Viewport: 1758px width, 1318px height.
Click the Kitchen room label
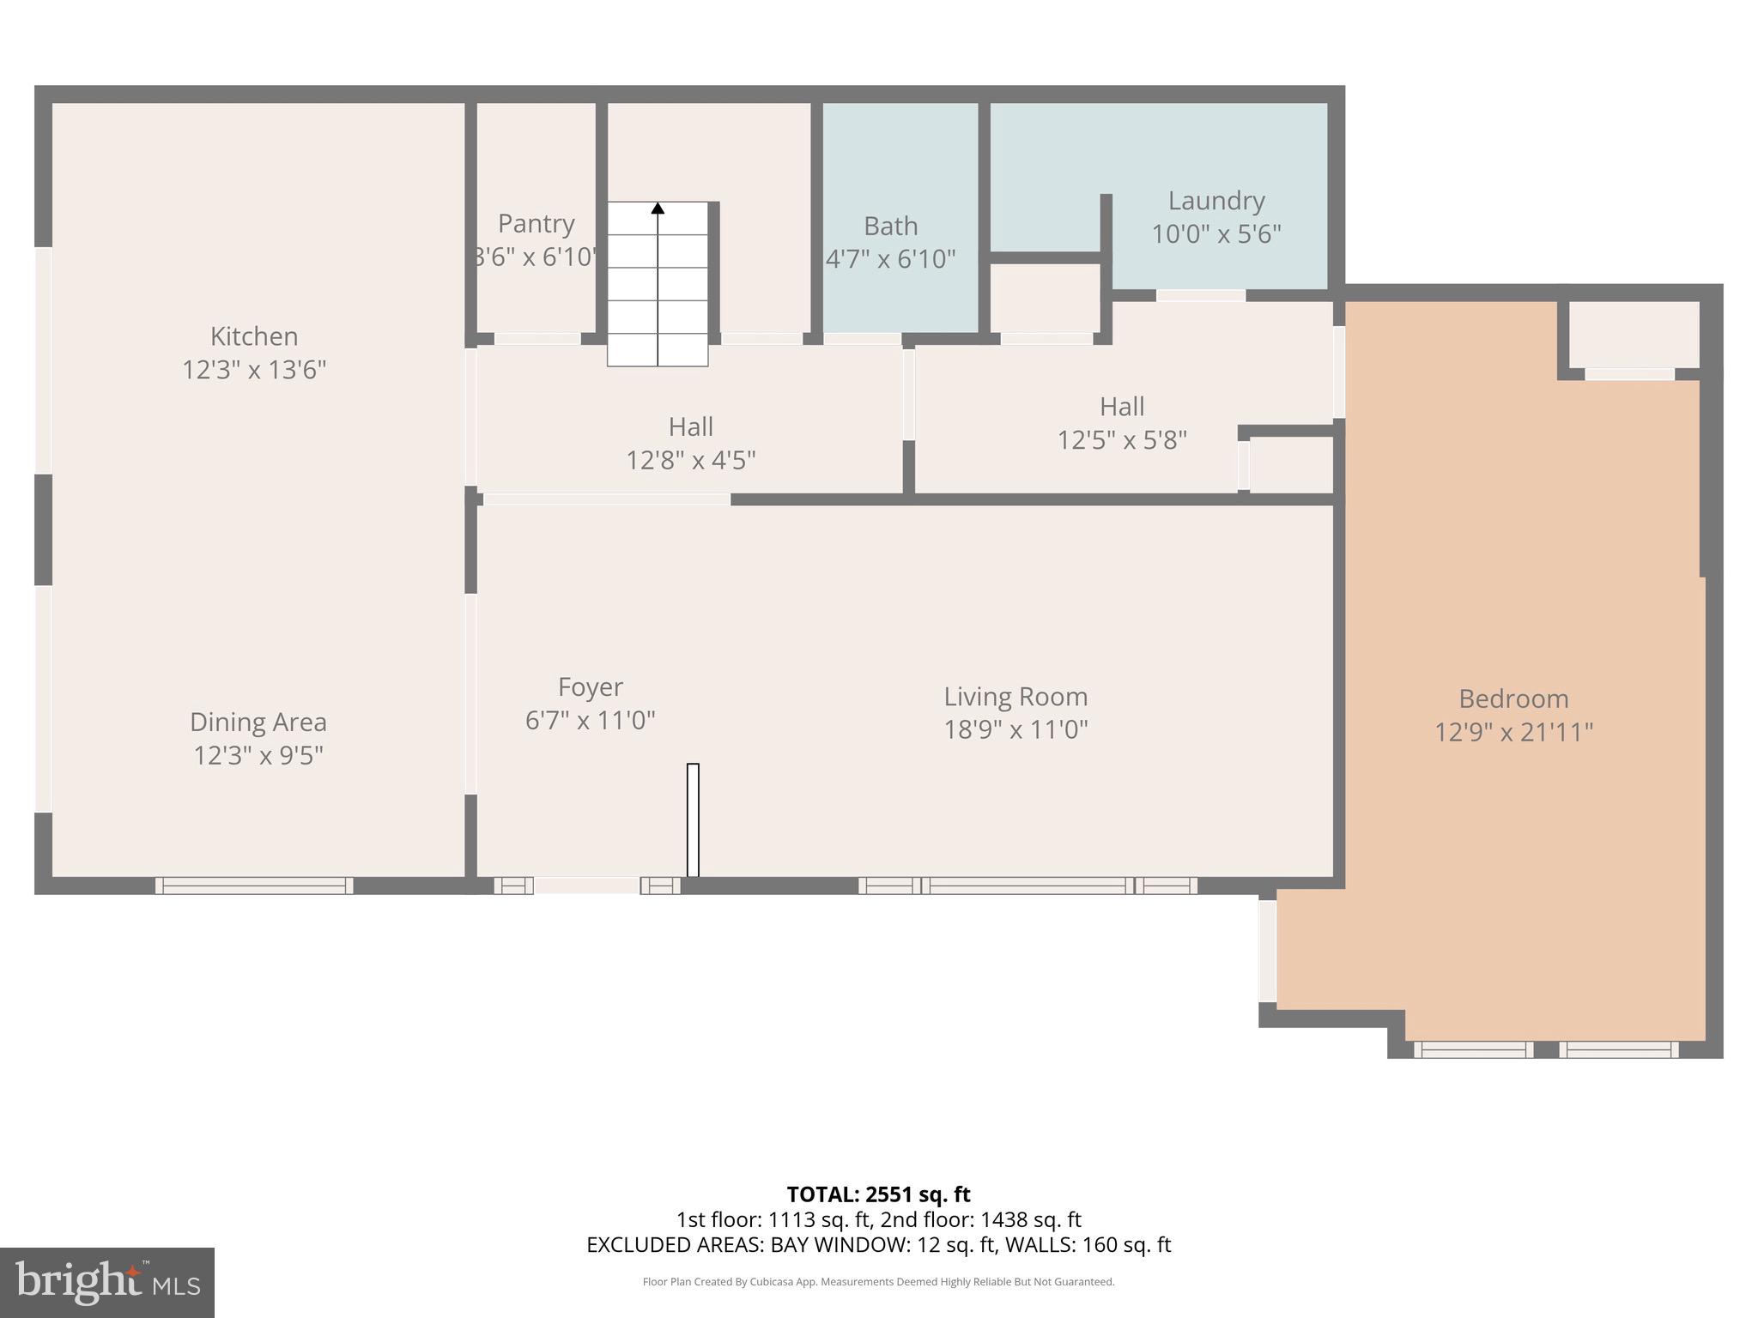[x=254, y=336]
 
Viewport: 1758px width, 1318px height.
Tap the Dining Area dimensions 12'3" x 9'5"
[x=258, y=756]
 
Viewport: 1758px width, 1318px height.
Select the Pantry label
[x=536, y=223]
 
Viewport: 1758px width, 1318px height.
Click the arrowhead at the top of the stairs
[x=658, y=208]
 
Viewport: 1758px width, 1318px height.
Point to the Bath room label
[x=890, y=226]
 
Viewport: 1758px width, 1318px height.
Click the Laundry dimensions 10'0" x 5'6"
[x=1215, y=234]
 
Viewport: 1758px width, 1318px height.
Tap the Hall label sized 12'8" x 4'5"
[x=690, y=426]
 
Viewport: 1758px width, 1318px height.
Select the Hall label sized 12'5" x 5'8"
[x=1121, y=406]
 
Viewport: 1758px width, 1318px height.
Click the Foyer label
[x=590, y=686]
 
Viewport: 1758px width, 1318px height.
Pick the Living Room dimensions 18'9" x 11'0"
[x=1015, y=730]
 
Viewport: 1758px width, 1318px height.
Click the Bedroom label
[x=1513, y=698]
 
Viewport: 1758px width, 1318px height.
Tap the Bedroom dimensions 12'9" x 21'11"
[x=1513, y=733]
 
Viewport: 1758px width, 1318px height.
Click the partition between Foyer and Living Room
[x=693, y=819]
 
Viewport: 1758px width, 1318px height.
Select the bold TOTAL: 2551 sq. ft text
[x=878, y=1194]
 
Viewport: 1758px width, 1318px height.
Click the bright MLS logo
[x=106, y=1282]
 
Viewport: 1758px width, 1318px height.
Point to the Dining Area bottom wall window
[x=254, y=886]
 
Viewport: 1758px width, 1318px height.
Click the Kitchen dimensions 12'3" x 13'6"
[x=254, y=370]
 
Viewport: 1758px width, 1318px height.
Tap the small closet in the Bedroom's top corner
[x=1633, y=335]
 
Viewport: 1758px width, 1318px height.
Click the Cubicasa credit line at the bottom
[x=878, y=1282]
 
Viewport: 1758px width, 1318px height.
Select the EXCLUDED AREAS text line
[x=878, y=1245]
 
